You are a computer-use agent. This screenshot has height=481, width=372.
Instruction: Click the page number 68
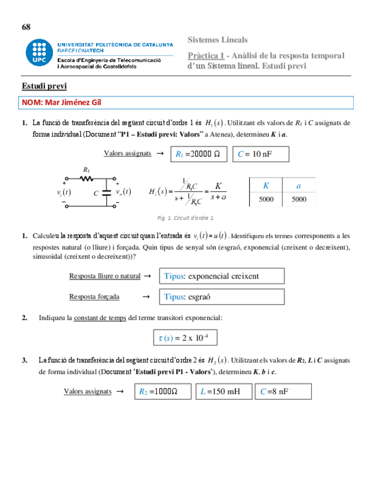coord(26,27)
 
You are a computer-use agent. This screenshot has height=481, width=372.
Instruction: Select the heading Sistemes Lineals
coord(218,40)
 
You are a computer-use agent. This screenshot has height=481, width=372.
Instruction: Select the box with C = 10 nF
coord(261,154)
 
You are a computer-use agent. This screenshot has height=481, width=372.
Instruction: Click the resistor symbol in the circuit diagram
coord(86,178)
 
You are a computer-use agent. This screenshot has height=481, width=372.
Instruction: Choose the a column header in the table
coord(299,185)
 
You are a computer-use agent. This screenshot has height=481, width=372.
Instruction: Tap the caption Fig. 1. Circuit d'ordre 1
coord(186,217)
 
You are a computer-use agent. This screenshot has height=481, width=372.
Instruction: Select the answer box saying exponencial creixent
coord(221,276)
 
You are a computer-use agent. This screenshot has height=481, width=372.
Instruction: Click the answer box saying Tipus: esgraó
coord(221,297)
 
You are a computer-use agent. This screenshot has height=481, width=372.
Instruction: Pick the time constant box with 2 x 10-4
coord(185,338)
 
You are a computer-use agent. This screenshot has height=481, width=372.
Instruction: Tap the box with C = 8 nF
coord(283,391)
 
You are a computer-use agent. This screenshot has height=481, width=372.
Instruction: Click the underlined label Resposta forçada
coord(94,297)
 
